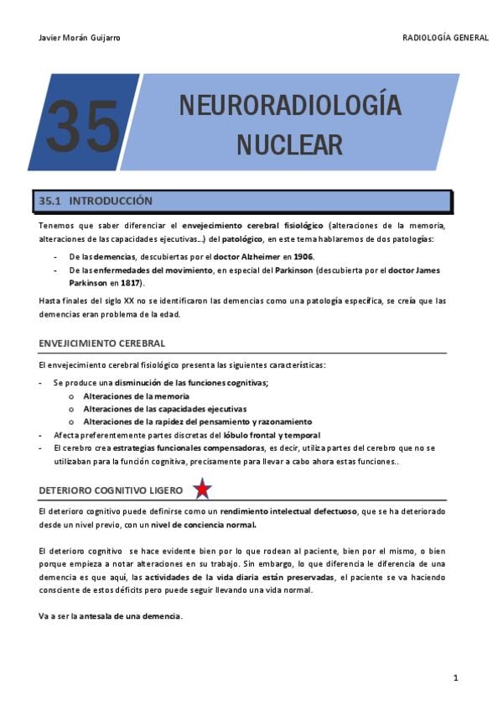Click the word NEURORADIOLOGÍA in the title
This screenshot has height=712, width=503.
[290, 107]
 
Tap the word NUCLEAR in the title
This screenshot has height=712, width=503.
[289, 144]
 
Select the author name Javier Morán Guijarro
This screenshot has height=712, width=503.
[80, 38]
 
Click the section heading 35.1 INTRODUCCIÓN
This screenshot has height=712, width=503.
[96, 202]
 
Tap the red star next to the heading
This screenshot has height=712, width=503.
[202, 489]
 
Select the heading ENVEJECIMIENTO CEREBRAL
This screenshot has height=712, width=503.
[101, 343]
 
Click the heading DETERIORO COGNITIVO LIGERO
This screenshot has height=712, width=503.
[112, 490]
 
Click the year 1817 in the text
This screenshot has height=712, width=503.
[129, 284]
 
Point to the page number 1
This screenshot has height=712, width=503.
[455, 678]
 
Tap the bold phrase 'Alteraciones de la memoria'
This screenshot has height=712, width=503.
[136, 395]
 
